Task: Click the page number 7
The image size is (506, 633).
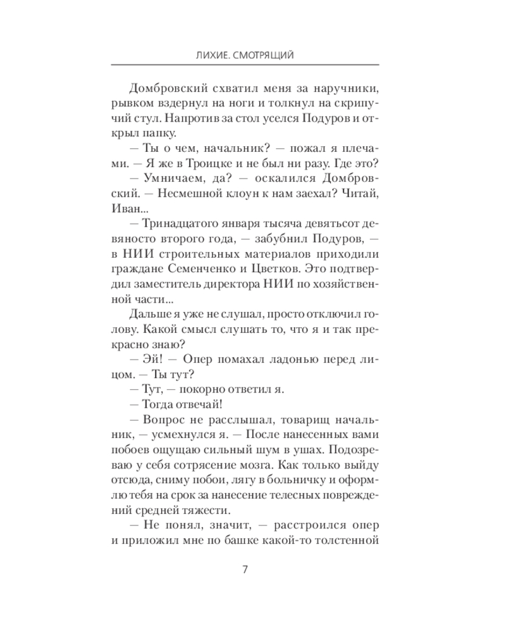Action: pyautogui.click(x=245, y=568)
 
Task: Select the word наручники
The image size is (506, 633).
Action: pyautogui.click(x=345, y=87)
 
